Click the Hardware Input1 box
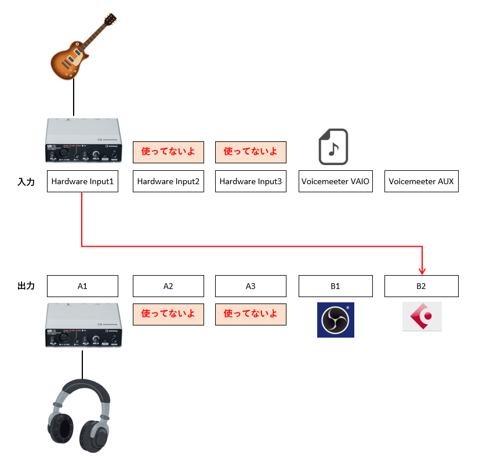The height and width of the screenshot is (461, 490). pyautogui.click(x=82, y=181)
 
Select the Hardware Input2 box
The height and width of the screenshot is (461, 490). pyautogui.click(x=168, y=181)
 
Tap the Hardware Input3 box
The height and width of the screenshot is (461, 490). pyautogui.click(x=251, y=181)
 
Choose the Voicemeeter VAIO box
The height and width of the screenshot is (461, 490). pyautogui.click(x=336, y=181)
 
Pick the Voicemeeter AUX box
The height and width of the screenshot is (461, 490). pyautogui.click(x=422, y=181)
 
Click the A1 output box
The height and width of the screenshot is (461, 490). pyautogui.click(x=82, y=286)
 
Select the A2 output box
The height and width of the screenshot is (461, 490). pyautogui.click(x=168, y=286)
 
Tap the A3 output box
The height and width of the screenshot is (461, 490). pyautogui.click(x=251, y=286)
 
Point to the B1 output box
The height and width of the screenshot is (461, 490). pyautogui.click(x=336, y=286)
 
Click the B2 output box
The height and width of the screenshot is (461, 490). pyautogui.click(x=422, y=286)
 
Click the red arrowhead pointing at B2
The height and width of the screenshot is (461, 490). pyautogui.click(x=422, y=272)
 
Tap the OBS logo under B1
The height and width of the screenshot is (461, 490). pyautogui.click(x=336, y=320)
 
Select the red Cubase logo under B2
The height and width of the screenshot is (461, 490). pyautogui.click(x=422, y=316)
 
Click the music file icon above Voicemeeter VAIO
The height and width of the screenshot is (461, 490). pyautogui.click(x=333, y=147)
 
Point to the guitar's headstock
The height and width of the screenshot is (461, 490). pyautogui.click(x=110, y=19)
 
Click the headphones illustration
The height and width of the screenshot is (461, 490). pyautogui.click(x=79, y=415)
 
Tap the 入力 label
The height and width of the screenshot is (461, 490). pyautogui.click(x=26, y=182)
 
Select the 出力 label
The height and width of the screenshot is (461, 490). pyautogui.click(x=26, y=286)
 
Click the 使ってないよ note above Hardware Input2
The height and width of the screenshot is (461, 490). pyautogui.click(x=168, y=152)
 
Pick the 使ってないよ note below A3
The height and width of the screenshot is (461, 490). pyautogui.click(x=251, y=314)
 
